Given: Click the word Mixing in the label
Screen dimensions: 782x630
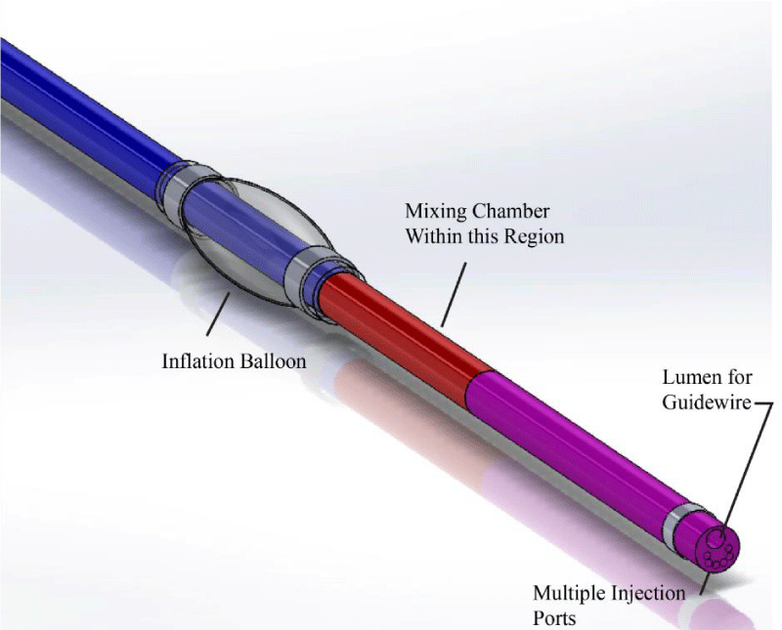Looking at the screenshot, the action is pyautogui.click(x=434, y=212).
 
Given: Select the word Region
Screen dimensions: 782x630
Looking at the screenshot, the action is pyautogui.click(x=534, y=236).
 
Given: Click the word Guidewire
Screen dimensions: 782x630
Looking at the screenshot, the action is pyautogui.click(x=707, y=402).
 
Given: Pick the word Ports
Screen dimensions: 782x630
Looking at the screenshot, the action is pyautogui.click(x=554, y=618).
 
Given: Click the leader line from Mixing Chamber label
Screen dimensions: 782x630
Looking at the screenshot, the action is pyautogui.click(x=454, y=295).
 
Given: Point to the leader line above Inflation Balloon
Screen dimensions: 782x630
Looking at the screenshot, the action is pyautogui.click(x=218, y=314).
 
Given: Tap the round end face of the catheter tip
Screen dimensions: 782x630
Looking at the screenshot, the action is pyautogui.click(x=717, y=548).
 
